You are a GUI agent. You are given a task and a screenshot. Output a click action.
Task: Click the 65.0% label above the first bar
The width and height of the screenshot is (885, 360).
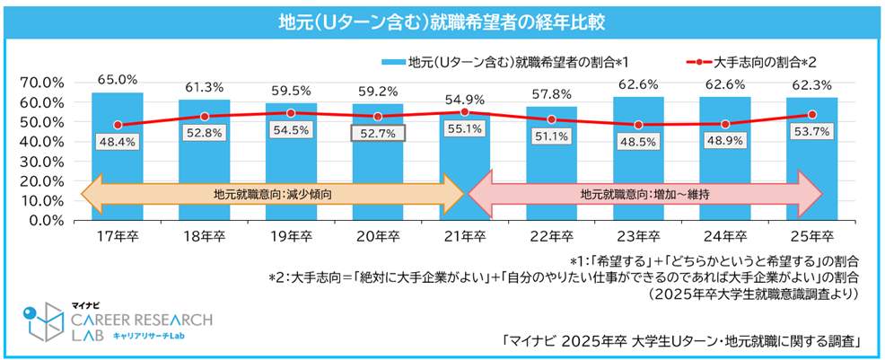click(117, 79)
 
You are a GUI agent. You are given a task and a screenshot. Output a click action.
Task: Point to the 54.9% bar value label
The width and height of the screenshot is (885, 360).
click(464, 98)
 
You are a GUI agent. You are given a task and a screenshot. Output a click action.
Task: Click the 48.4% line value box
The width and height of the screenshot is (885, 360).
click(117, 142)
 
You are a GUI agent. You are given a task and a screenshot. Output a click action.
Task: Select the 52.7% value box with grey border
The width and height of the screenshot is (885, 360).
click(377, 133)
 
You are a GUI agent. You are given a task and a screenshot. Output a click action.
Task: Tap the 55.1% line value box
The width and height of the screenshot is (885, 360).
click(464, 128)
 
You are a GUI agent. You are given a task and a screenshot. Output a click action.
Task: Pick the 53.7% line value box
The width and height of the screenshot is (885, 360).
click(811, 132)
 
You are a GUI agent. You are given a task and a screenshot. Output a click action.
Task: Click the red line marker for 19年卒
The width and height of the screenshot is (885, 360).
click(291, 113)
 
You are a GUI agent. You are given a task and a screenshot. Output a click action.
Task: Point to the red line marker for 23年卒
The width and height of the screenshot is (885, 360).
click(638, 125)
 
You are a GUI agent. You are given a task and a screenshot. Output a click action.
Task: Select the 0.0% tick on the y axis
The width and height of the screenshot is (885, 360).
click(43, 219)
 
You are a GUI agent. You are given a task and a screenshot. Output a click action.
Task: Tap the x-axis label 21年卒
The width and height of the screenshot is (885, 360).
click(464, 236)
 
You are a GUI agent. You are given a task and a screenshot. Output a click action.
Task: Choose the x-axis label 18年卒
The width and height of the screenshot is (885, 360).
click(204, 236)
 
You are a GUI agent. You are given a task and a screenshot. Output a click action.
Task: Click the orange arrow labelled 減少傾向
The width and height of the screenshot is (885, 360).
click(269, 192)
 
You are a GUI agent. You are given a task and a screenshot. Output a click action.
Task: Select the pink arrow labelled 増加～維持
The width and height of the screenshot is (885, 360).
click(646, 192)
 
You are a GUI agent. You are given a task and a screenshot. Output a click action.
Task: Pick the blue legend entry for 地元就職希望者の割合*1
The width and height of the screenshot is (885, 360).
click(503, 62)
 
